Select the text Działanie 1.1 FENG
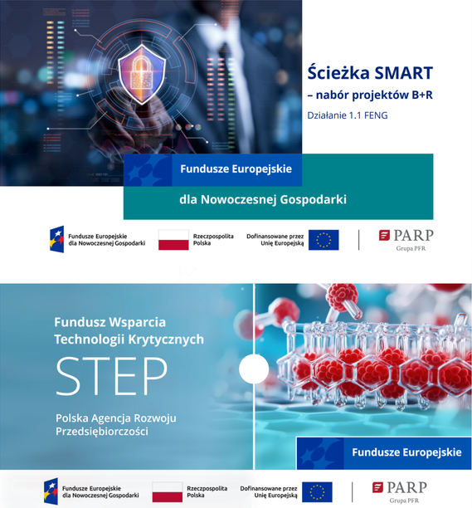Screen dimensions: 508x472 [347, 115]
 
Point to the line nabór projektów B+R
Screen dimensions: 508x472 [370, 95]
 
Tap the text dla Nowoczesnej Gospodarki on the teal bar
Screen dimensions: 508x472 [262, 199]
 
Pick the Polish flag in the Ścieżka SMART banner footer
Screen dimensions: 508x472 [173, 241]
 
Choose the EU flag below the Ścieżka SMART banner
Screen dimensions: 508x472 [323, 240]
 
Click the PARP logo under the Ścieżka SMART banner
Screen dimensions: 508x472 [406, 238]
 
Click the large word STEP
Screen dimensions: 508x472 [111, 377]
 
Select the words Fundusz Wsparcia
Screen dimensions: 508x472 [110, 321]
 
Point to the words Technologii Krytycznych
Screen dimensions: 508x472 [129, 339]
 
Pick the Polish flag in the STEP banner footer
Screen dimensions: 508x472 [168, 491]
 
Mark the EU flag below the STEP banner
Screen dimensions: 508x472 [316, 491]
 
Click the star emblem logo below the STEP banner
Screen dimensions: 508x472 [51, 491]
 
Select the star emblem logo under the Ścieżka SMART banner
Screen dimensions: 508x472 [57, 240]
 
